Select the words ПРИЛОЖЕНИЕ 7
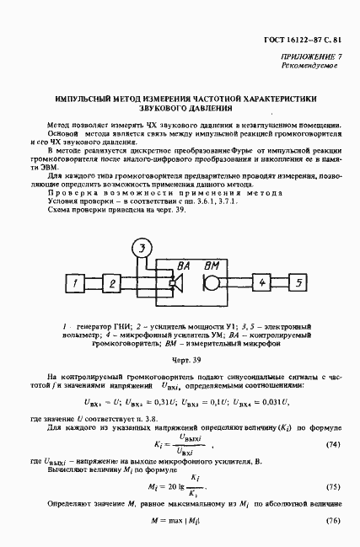(x=311, y=56)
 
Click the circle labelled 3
(x=145, y=247)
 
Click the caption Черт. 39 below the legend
(x=179, y=358)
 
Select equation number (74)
(x=332, y=420)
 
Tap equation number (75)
(x=332, y=487)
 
